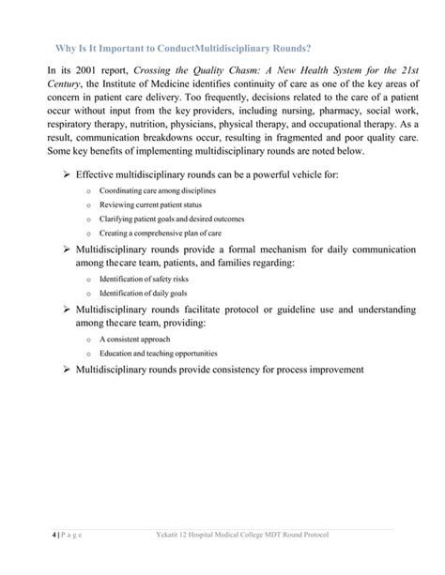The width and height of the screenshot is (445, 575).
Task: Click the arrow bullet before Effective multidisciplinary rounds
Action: tap(66, 174)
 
